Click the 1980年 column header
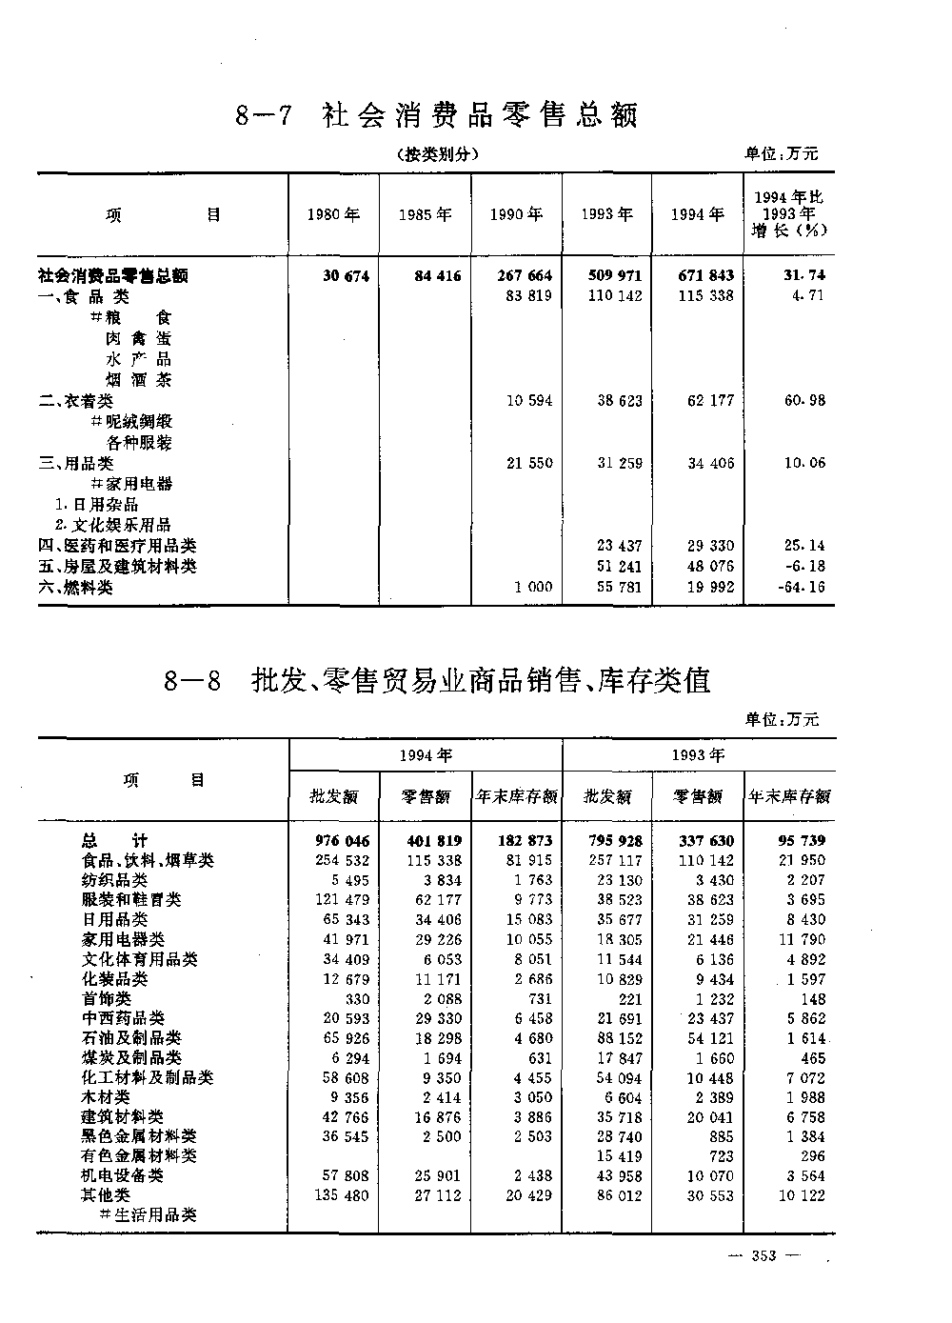coord(333,215)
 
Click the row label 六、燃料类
coord(75,588)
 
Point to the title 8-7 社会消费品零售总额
coord(435,116)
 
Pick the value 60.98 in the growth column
coord(804,401)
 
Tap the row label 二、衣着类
coord(75,401)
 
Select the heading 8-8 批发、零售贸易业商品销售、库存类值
coord(437,681)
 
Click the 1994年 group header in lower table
coord(425,755)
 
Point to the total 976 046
coord(342,841)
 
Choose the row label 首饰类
coord(106,998)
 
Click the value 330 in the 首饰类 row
coord(355,999)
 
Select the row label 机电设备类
coord(122,1175)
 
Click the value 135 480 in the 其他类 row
coord(342,1195)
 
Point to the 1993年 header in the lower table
coord(699,755)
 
